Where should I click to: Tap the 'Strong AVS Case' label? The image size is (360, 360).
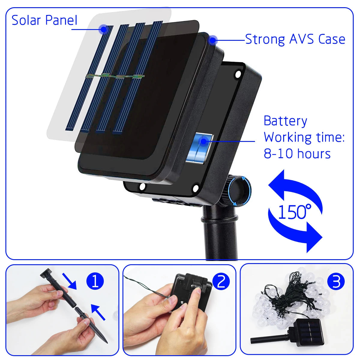click(295, 39)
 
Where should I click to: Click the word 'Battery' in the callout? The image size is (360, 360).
click(285, 121)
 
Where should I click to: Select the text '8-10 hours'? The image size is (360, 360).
click(297, 154)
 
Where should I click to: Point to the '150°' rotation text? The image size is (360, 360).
click(295, 212)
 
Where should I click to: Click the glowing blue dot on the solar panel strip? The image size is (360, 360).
click(103, 29)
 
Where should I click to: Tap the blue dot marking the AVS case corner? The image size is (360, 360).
click(212, 40)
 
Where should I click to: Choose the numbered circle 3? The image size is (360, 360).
click(336, 282)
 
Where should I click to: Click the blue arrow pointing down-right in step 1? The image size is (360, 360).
click(70, 281)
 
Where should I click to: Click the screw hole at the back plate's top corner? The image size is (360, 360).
click(238, 74)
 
